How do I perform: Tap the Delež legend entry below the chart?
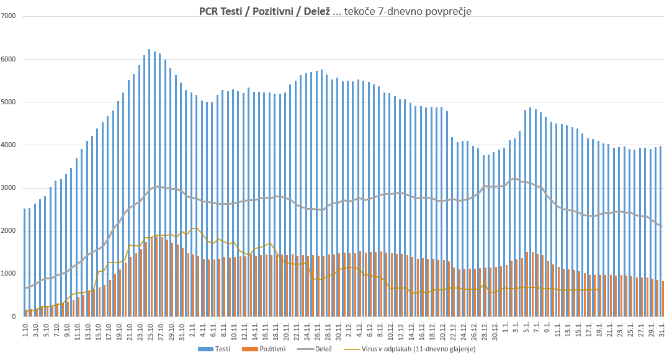[x=323, y=349]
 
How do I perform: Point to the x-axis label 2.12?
[x=349, y=329]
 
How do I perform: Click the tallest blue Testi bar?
[x=149, y=186]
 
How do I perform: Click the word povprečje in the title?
[x=440, y=11]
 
